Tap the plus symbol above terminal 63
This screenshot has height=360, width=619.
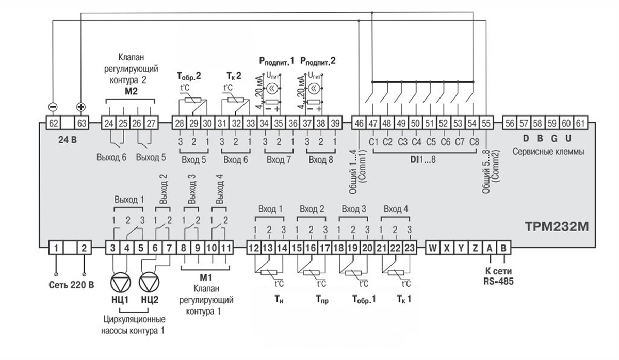coord(81,107)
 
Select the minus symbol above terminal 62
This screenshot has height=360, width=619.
coord(53,107)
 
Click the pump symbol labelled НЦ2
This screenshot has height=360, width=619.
coord(149,283)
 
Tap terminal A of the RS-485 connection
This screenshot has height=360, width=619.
coord(489,248)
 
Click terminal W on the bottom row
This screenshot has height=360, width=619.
coord(432,248)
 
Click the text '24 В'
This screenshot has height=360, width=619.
coord(67,138)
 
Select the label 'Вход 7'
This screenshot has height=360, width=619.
coord(279,160)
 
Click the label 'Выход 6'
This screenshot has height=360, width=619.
coord(111,157)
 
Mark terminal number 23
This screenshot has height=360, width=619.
coord(409,248)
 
